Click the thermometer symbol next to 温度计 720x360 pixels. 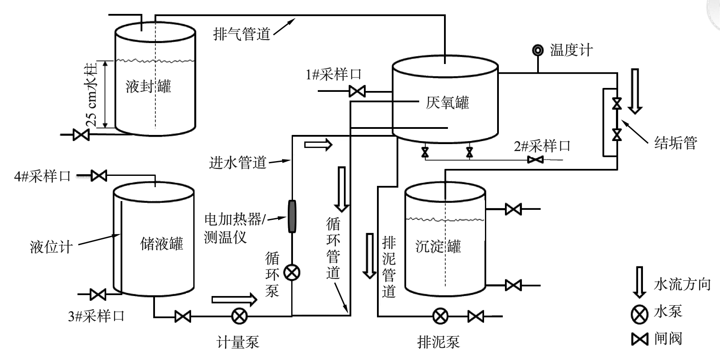538,50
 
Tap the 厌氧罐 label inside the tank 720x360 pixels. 447,103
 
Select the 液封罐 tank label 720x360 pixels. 148,86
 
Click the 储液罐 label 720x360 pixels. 161,243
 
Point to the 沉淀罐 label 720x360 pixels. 438,246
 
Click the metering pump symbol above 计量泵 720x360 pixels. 239,316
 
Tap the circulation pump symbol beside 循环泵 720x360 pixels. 292,273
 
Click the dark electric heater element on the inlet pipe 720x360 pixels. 291,216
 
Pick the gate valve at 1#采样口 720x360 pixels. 357,91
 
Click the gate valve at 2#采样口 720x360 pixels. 535,160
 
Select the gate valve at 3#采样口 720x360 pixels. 98,294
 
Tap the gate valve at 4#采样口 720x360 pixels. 99,175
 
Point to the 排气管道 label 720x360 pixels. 242,34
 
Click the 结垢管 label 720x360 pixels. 676,142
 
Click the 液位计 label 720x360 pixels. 51,247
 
